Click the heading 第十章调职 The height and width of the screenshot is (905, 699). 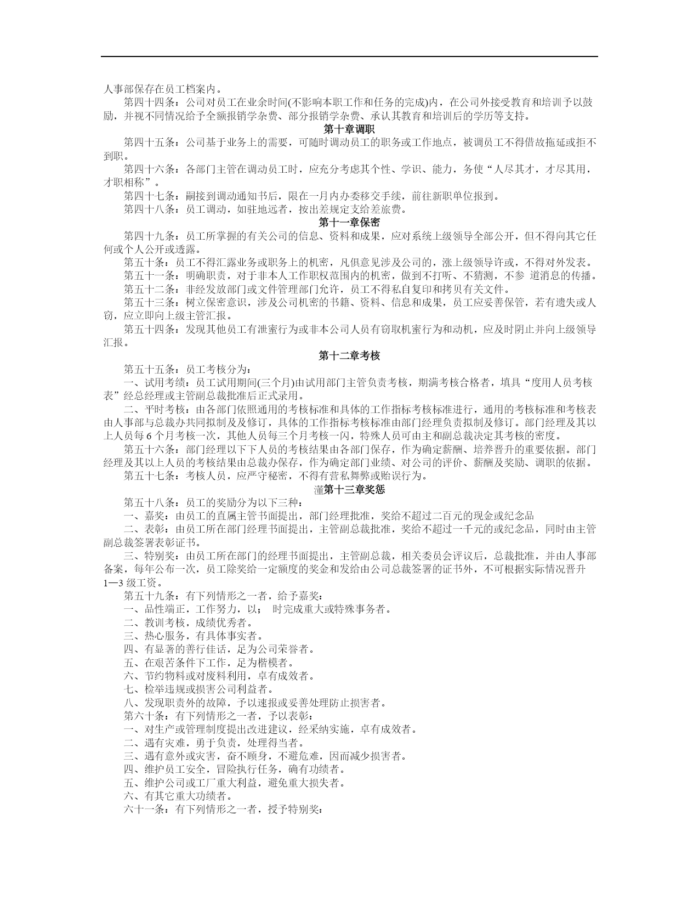(349, 129)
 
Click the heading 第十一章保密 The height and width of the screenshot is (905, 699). (349, 223)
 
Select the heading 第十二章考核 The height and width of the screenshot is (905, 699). (349, 356)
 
